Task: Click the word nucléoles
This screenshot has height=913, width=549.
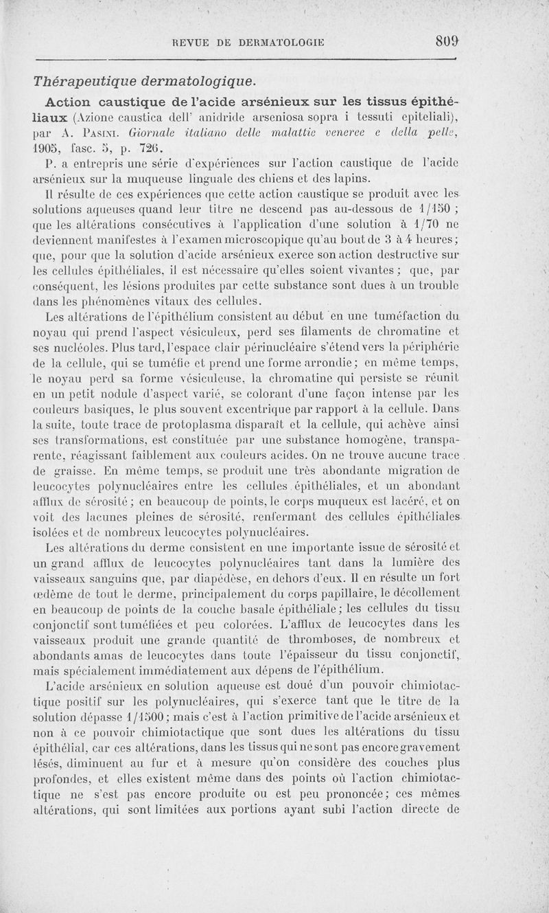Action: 71,348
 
